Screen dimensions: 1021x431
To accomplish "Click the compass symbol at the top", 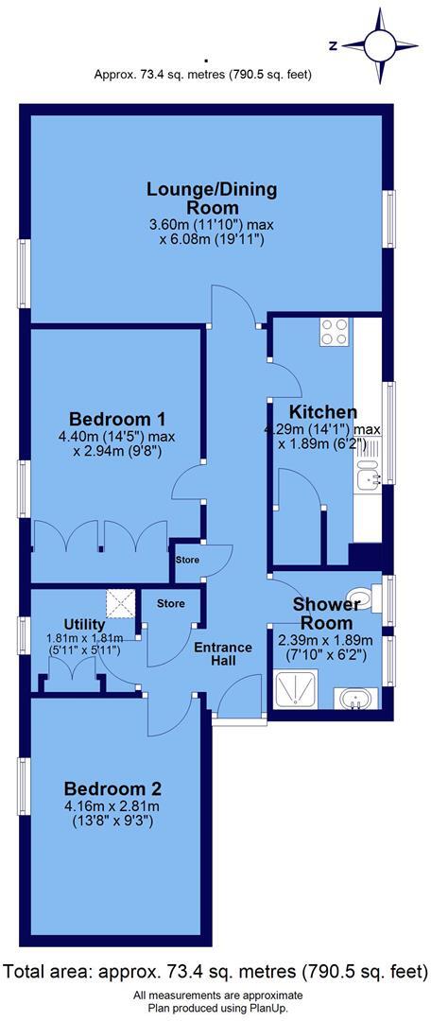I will pos(382,44).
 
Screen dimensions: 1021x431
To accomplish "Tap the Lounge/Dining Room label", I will pos(212,199).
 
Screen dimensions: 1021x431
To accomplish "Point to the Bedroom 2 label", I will pos(112,788).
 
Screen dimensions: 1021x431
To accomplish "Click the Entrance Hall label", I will pos(223,655).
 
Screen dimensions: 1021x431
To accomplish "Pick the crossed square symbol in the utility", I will pos(120,603).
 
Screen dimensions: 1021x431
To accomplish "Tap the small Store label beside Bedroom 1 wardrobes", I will pos(186,561).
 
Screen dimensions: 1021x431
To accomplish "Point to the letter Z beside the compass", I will pos(333,44).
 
